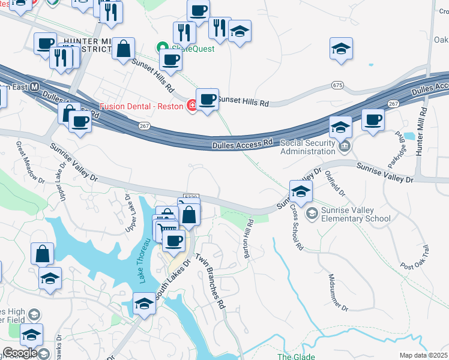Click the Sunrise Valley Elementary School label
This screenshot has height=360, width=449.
point(348,214)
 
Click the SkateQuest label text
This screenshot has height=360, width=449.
point(193,49)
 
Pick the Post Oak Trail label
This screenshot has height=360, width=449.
point(415,257)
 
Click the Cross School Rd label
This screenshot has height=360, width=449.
point(297,227)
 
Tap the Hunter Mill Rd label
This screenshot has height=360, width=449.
point(423,132)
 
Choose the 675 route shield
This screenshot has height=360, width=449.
point(337,86)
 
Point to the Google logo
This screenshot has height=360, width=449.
point(20,353)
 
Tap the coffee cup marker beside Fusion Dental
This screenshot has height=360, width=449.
point(208,98)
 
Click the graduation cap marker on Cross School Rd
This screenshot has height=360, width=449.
point(301,191)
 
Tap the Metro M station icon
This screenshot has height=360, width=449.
point(34,86)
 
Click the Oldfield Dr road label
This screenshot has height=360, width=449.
point(335,183)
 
